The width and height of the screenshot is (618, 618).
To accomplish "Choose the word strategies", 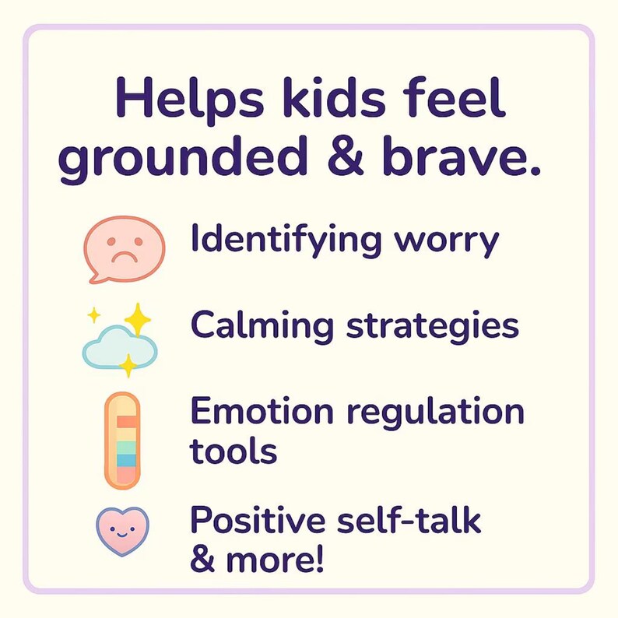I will click(433, 327).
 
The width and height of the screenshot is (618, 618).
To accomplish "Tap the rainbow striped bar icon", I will click(121, 440).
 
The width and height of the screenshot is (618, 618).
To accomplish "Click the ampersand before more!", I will click(204, 560).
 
